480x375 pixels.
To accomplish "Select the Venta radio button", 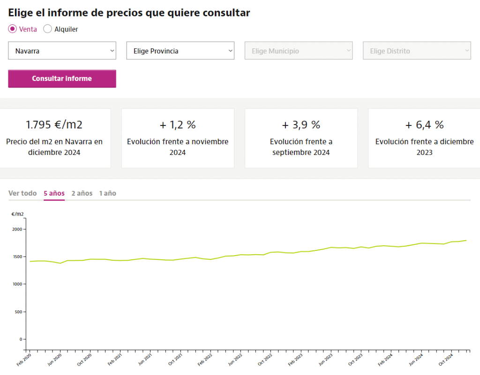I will (13, 29).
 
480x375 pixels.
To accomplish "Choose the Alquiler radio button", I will (47, 29).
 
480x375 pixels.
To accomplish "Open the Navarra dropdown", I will (62, 51).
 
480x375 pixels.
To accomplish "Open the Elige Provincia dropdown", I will (180, 51).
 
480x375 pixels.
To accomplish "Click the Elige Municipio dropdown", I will (298, 51).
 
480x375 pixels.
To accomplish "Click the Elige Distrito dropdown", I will (417, 51).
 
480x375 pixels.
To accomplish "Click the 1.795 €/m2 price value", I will (54, 125).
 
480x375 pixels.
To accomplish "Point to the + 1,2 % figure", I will (178, 125).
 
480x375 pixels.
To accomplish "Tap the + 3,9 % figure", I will (301, 125).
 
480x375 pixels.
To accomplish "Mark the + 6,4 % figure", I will (424, 125).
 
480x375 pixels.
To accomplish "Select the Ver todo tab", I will (22, 193).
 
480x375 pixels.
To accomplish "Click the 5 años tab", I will (54, 193).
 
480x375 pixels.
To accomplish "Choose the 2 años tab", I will (82, 193).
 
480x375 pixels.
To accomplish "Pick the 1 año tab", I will (107, 193).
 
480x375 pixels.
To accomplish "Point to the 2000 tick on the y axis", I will (17, 229).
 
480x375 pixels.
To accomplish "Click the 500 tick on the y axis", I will (18, 312).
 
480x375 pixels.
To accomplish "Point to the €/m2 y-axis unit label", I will (17, 214).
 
